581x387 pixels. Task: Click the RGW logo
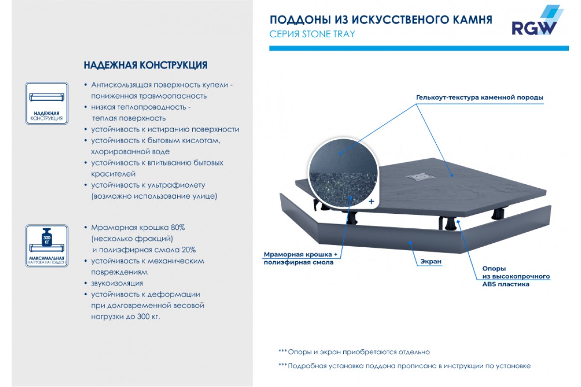[x=537, y=20]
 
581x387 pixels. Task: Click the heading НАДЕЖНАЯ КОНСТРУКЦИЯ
[x=146, y=65]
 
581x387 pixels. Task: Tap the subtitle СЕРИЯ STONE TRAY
[x=312, y=34]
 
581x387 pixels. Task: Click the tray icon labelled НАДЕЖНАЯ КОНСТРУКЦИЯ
[x=46, y=103]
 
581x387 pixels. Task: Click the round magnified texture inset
[x=343, y=172]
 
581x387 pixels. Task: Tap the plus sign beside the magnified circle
[x=371, y=201]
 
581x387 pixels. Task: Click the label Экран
[x=431, y=261]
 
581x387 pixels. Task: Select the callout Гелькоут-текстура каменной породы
[x=480, y=97]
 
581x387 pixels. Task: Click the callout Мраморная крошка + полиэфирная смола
[x=300, y=258]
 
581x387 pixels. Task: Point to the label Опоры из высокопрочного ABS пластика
[x=516, y=276]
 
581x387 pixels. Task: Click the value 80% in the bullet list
[x=178, y=227]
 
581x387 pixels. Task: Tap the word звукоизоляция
[x=117, y=283]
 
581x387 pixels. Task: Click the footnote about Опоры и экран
[x=354, y=352]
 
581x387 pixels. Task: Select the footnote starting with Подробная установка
[x=405, y=366]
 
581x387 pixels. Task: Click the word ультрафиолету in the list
[x=176, y=185]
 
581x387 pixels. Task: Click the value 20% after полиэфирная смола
[x=188, y=250]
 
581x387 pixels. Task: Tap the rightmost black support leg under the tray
[x=498, y=214]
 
